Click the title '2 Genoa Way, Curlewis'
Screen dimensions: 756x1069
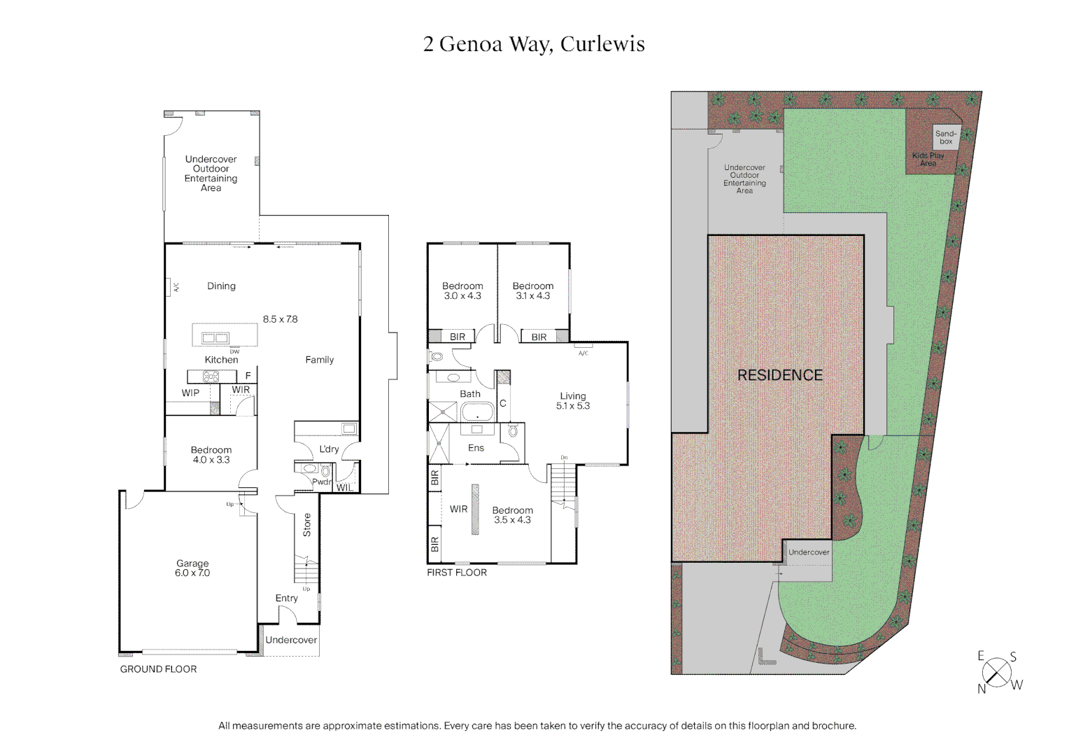534,44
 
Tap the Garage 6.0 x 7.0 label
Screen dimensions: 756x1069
192,568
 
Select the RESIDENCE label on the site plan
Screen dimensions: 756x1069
780,375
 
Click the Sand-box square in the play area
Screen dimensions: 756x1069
946,137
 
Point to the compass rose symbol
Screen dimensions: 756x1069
996,673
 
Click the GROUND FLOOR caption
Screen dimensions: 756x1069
158,669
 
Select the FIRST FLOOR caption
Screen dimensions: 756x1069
457,573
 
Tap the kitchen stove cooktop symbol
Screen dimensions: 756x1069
211,377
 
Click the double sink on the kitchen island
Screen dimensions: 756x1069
215,338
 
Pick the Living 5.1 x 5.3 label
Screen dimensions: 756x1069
573,400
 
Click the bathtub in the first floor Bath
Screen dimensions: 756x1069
478,412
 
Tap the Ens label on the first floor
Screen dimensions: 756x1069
476,448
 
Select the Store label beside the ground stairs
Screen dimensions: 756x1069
306,525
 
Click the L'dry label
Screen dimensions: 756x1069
329,449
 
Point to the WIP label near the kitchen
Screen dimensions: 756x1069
190,393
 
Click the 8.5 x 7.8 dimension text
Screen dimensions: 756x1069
280,319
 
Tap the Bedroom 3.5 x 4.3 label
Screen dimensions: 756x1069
512,515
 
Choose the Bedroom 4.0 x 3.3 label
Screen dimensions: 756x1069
211,455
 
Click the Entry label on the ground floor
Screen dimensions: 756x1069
286,598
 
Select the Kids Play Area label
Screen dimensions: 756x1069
928,159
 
